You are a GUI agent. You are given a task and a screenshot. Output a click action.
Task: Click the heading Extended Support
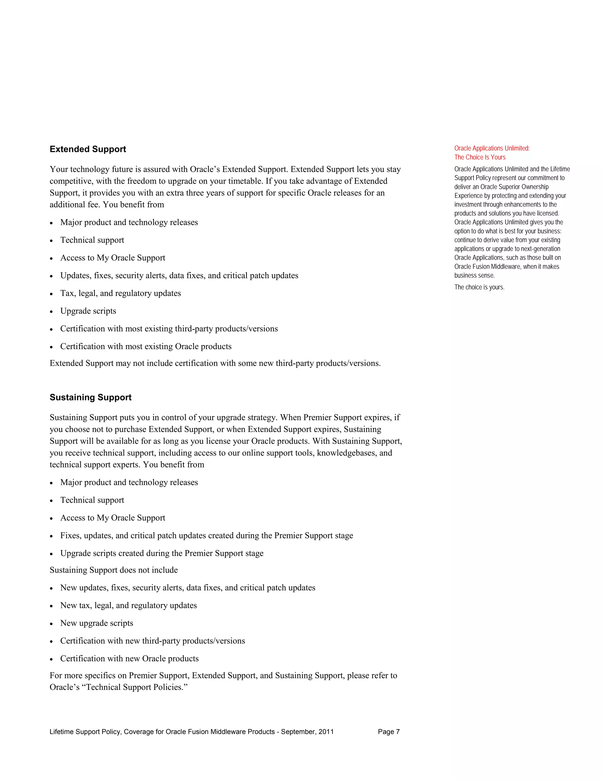tap(87, 149)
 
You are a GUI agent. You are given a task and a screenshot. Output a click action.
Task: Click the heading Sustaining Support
tap(90, 397)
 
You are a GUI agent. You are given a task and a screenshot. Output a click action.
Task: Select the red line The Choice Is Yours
tap(480, 157)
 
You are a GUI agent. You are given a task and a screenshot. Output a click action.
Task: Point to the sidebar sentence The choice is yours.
tap(479, 287)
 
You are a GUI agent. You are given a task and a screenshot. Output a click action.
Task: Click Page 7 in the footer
tap(388, 732)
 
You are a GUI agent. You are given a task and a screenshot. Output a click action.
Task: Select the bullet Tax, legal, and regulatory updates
tap(120, 293)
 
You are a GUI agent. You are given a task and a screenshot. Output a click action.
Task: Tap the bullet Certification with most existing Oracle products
tap(145, 346)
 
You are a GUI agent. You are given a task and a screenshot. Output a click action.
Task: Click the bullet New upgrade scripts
tap(97, 623)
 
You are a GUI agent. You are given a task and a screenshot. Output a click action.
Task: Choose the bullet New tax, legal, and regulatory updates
tap(128, 605)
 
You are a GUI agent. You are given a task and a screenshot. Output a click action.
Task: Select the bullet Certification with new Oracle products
tap(129, 658)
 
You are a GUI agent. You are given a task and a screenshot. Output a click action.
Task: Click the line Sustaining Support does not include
tap(114, 570)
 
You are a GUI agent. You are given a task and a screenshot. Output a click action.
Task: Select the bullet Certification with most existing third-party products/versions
tap(169, 328)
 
